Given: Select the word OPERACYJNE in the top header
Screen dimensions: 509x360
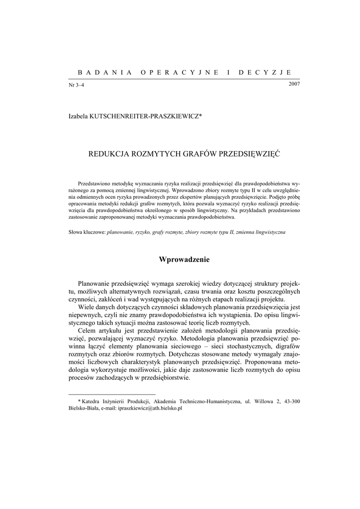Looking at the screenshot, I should tap(180, 72).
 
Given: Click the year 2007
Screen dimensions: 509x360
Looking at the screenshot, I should tap(294, 84).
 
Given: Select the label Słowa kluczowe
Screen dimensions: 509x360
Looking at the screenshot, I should tap(87, 233).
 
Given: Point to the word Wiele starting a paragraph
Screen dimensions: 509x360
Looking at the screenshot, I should tap(87, 307).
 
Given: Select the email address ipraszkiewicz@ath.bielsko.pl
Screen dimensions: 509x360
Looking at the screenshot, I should tap(149, 408).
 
